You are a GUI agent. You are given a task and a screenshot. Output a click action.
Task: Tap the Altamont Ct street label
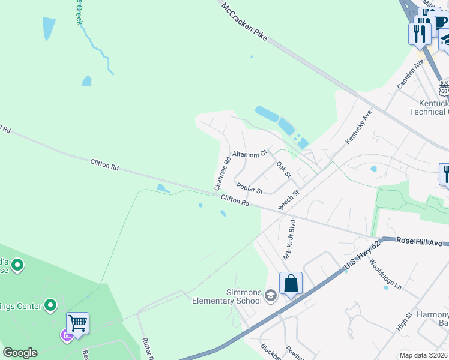coord(249,154)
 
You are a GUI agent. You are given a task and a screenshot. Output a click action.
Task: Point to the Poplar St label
coord(249,188)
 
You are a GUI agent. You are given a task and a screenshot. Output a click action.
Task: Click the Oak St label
coord(283,169)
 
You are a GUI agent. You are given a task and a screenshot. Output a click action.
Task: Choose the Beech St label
coord(289,200)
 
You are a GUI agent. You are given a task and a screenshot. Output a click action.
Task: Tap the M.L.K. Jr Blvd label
coord(289,239)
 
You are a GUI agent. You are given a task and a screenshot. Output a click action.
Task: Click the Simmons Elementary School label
coord(226,296)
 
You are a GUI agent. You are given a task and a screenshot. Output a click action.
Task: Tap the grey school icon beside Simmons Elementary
coord(271,295)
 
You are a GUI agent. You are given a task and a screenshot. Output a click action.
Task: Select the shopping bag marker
coord(291,283)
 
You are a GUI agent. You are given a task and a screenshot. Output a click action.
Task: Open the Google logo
coord(20,353)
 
